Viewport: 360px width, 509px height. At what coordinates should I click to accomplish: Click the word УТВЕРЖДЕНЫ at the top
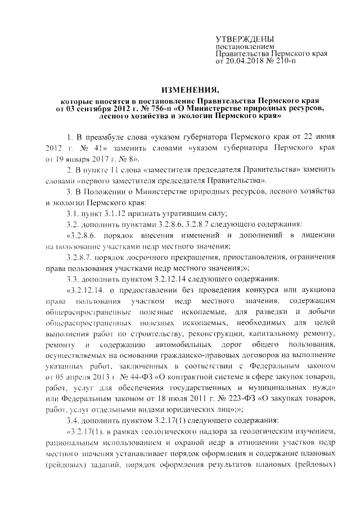click(x=238, y=38)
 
